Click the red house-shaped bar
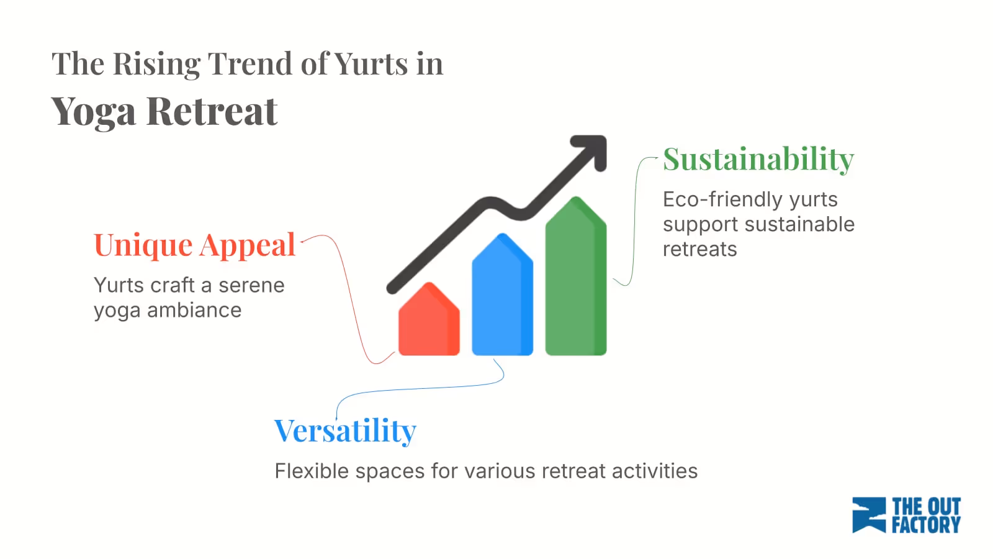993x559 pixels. (429, 323)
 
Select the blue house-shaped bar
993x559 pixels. (502, 298)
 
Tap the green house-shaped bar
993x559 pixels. (575, 279)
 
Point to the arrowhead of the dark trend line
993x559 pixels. (592, 149)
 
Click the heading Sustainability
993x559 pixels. (758, 160)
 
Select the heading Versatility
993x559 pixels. (345, 431)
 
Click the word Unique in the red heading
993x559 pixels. (143, 245)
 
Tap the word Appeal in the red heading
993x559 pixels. (248, 245)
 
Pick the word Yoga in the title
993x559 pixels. (93, 112)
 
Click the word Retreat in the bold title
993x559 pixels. (212, 112)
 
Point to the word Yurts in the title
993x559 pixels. (371, 64)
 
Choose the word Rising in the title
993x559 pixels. (156, 65)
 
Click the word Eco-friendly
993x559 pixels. (722, 199)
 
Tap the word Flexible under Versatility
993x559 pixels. (312, 471)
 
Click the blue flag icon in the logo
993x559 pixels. (869, 515)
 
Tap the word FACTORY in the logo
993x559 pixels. (925, 525)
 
